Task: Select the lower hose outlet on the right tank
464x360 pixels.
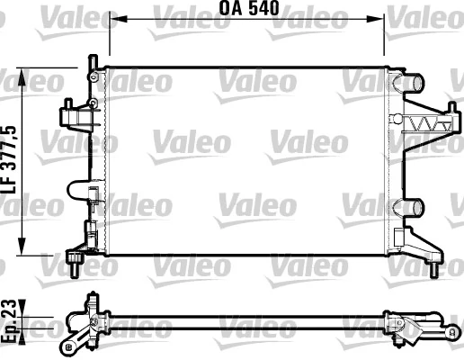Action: click(413, 206)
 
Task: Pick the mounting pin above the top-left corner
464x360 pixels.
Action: click(91, 63)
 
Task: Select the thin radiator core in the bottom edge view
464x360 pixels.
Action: click(243, 321)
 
